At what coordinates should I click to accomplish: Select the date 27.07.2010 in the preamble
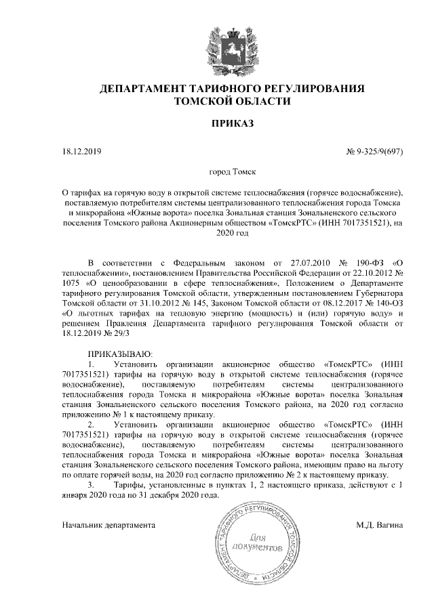(294, 261)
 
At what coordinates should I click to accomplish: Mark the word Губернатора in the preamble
(378, 294)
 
